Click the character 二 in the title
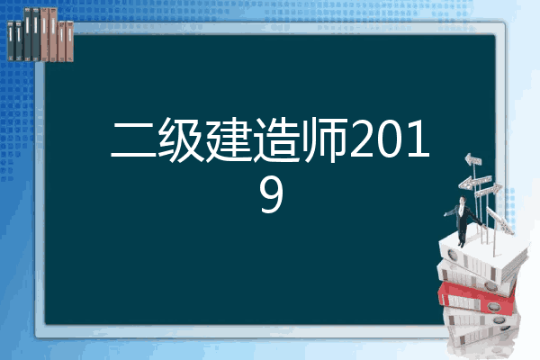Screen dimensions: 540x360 133,140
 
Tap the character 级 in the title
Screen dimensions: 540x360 181,139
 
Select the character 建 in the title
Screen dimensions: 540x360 229,139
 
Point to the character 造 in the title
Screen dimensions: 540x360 276,139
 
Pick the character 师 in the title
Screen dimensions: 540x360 324,139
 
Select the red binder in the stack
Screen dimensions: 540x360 476,298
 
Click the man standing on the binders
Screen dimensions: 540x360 463,220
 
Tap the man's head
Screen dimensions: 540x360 463,200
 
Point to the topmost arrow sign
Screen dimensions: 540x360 473,160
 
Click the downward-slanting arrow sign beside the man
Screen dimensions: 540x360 499,220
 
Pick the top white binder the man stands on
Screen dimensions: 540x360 482,255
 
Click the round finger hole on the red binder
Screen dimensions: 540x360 493,307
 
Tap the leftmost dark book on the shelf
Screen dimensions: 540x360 11,41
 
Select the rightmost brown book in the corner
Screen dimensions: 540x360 70,41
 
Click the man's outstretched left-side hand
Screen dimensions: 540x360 445,214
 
